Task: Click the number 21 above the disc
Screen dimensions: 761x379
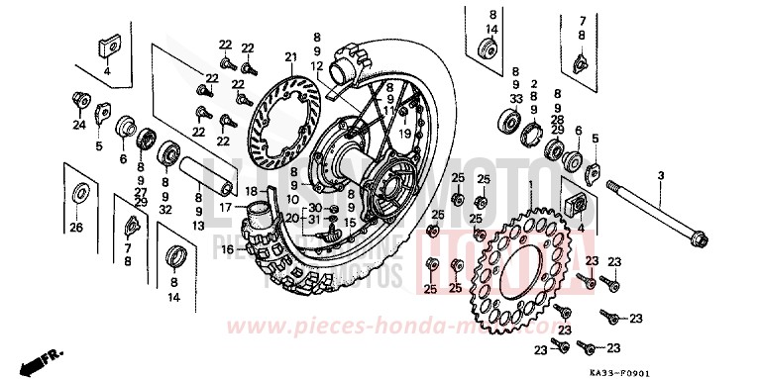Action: click(290, 56)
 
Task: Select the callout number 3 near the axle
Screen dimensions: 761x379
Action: click(659, 175)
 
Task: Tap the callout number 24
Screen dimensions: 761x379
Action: click(75, 126)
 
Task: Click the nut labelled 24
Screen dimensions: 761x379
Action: click(78, 99)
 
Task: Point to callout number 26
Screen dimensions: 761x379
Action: click(75, 229)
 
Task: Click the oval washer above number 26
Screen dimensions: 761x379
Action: click(78, 192)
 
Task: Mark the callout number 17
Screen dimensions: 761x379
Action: click(226, 207)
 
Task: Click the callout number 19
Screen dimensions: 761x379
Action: click(405, 131)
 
